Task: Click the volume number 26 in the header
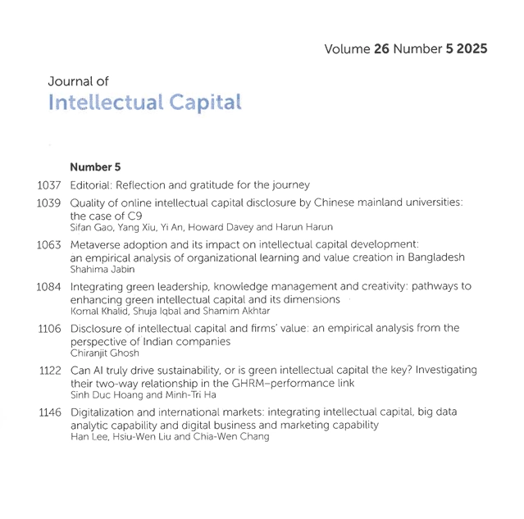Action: pos(380,49)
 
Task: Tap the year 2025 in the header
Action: pos(470,49)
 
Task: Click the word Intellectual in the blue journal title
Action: pos(106,102)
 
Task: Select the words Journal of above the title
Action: pos(78,81)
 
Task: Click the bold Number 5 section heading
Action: pos(95,166)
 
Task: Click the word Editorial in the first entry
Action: pos(92,184)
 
